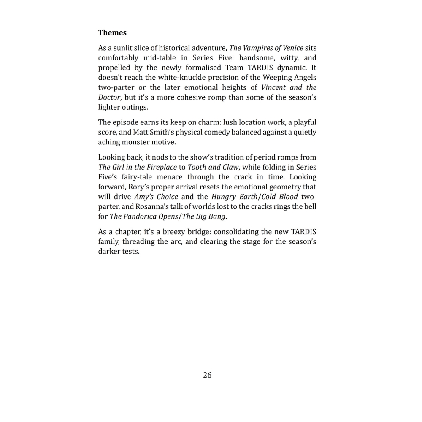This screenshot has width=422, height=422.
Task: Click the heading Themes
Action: [112, 32]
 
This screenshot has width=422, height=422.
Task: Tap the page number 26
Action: [207, 375]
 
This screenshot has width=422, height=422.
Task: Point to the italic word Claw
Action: [230, 167]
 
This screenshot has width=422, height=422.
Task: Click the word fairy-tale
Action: [137, 177]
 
